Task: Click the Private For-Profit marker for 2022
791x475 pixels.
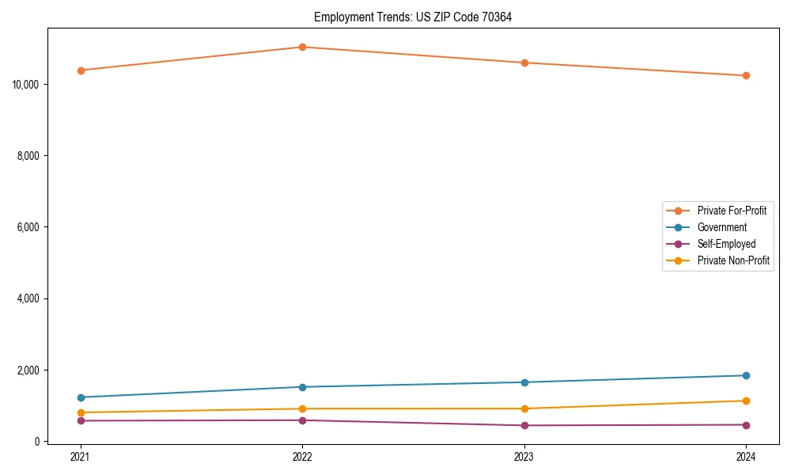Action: (x=302, y=47)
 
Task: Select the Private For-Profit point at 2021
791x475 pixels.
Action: (x=80, y=70)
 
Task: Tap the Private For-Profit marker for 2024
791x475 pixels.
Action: (x=746, y=76)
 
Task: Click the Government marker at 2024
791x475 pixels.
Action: (x=746, y=375)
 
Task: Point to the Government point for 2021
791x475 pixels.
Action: (x=80, y=397)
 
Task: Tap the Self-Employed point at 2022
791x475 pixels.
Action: (x=302, y=420)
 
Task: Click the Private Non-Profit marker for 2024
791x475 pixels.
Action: (x=746, y=401)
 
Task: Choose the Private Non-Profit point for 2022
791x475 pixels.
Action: (x=302, y=408)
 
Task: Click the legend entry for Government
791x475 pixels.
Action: (x=721, y=227)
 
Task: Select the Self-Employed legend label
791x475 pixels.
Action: (x=726, y=244)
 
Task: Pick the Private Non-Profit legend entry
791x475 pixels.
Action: (x=733, y=260)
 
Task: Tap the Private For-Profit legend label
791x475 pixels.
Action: (x=732, y=211)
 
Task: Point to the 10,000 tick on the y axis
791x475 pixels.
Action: (x=27, y=85)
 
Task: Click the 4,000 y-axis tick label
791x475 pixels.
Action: (x=29, y=298)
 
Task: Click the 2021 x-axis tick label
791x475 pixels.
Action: (x=80, y=456)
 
